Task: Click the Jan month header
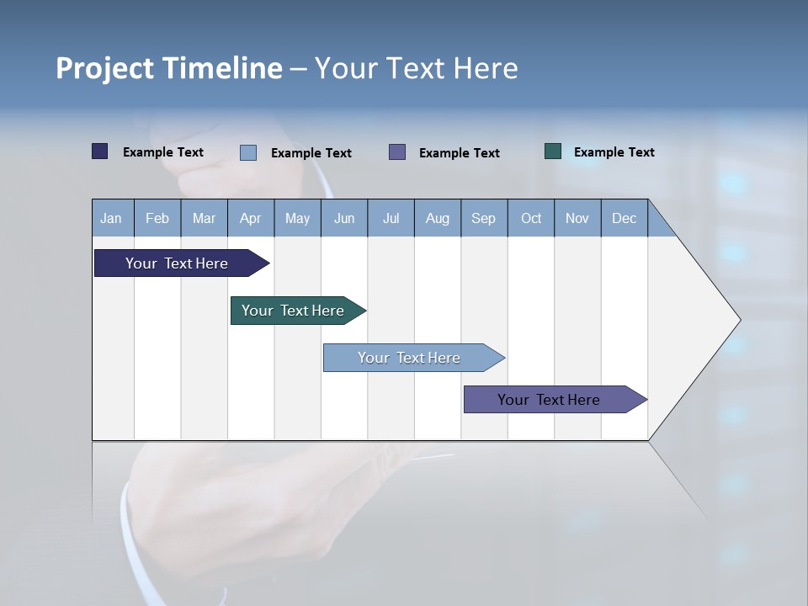tap(112, 218)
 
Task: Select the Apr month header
tap(251, 218)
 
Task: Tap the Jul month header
tap(391, 218)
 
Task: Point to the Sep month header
tap(484, 218)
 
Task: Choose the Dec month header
tap(624, 218)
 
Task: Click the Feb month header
tap(157, 218)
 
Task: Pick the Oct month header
tap(531, 218)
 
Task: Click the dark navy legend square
tap(100, 151)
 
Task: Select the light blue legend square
tap(248, 152)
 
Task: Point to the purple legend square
tap(397, 151)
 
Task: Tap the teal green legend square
tap(553, 151)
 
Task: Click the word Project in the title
tap(106, 68)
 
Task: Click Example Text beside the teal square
tap(614, 152)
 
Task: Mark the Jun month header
tap(344, 218)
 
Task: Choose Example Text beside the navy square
tap(162, 152)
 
